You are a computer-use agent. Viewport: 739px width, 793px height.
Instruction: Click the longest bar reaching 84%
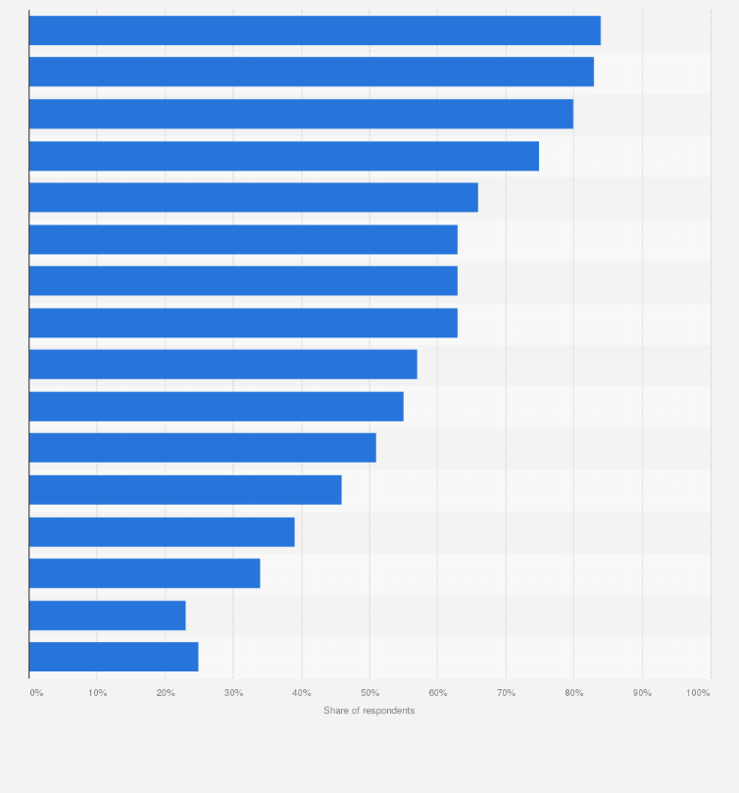pos(315,30)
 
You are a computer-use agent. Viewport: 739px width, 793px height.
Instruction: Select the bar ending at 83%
pos(312,72)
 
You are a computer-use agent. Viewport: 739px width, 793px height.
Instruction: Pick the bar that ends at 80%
pos(301,114)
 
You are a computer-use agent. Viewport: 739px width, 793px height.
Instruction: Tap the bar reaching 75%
pos(284,156)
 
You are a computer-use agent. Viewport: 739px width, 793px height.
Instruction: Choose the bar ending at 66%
pos(254,197)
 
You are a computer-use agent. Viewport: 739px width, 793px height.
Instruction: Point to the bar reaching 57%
pos(223,365)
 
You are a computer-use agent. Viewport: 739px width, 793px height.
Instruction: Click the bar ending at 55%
pos(217,407)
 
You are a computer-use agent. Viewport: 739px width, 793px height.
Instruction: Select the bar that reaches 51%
pos(203,448)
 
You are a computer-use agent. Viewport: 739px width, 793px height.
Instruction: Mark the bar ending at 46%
pos(185,490)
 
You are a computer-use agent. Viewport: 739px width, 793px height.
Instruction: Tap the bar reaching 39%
pos(162,532)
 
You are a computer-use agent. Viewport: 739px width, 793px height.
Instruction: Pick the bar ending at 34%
pos(145,573)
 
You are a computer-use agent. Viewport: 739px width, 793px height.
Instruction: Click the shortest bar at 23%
pos(108,616)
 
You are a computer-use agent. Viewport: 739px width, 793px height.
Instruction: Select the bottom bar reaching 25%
pos(114,657)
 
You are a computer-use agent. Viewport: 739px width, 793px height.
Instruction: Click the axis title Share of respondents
pos(369,711)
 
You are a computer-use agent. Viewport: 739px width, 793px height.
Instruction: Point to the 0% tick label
pos(36,693)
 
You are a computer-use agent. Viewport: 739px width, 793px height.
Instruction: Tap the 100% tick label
pos(698,693)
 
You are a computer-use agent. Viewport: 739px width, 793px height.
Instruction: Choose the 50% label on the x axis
pos(369,693)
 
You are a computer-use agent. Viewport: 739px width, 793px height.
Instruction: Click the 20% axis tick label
pos(166,693)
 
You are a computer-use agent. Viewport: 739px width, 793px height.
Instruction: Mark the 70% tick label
pos(506,693)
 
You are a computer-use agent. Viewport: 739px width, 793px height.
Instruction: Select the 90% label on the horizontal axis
pos(642,693)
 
